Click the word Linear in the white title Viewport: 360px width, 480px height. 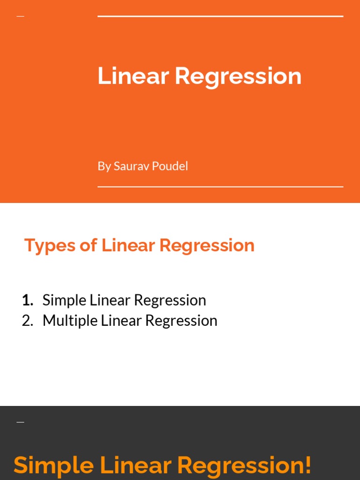pyautogui.click(x=133, y=76)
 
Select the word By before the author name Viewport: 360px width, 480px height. pyautogui.click(x=104, y=166)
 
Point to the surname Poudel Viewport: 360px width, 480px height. pyautogui.click(x=169, y=166)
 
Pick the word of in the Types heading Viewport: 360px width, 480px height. pyautogui.click(x=88, y=245)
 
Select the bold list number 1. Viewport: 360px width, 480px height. pyautogui.click(x=27, y=300)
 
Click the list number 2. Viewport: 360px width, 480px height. pyautogui.click(x=28, y=321)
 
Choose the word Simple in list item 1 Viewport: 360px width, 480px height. pyautogui.click(x=63, y=300)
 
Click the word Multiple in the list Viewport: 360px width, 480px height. pyautogui.click(x=69, y=321)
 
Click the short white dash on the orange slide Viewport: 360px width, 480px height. pyautogui.click(x=20, y=16)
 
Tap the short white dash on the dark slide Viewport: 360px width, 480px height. pyautogui.click(x=20, y=422)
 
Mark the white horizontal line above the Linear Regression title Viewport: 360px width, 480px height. pyautogui.click(x=220, y=16)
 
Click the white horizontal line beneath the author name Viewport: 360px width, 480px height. pyautogui.click(x=220, y=187)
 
